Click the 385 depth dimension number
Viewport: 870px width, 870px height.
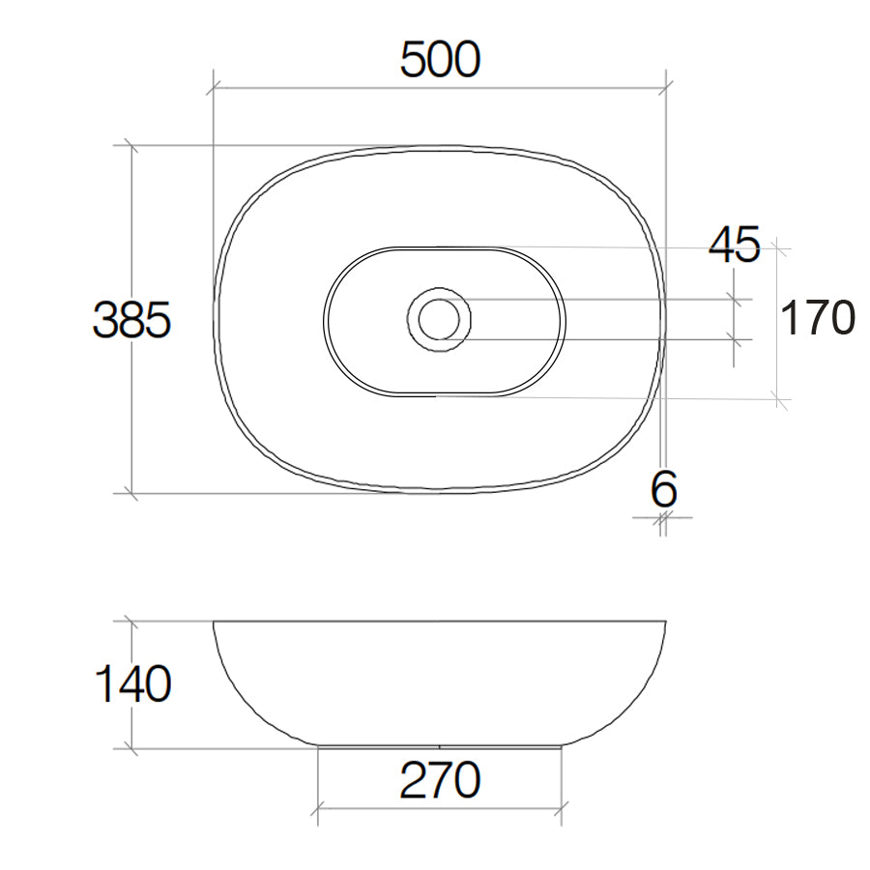pos(132,320)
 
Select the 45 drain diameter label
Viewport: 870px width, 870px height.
pos(735,246)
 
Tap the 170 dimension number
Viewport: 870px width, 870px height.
pos(817,318)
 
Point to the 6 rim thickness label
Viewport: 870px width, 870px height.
pos(663,490)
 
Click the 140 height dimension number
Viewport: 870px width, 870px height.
pos(132,684)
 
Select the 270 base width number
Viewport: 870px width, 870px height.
pos(440,780)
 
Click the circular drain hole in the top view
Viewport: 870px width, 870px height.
pos(439,318)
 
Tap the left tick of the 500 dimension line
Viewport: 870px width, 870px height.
pos(213,87)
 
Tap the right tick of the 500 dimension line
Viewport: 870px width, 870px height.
pos(666,87)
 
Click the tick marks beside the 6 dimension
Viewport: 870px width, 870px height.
pos(662,520)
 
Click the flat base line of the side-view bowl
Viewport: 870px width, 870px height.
pos(440,746)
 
